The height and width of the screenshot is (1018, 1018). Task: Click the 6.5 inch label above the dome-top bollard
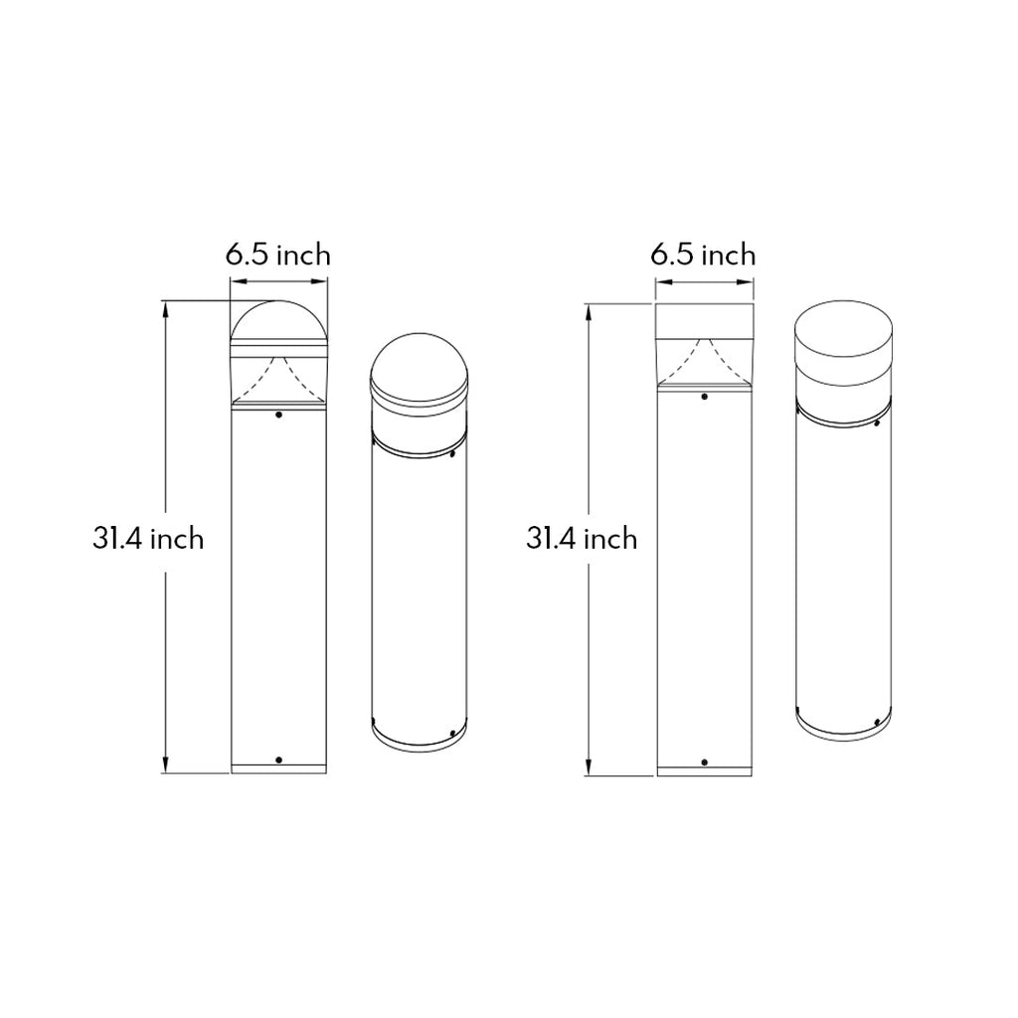click(278, 254)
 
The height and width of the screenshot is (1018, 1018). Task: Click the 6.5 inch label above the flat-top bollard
click(703, 254)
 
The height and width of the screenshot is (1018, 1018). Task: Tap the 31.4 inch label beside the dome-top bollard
click(148, 539)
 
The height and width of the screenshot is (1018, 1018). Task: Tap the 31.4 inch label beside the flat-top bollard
click(582, 539)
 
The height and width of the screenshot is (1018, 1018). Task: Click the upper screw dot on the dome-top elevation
click(279, 415)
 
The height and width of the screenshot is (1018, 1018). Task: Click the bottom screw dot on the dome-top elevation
click(279, 760)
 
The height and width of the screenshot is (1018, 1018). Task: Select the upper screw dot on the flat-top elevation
click(705, 396)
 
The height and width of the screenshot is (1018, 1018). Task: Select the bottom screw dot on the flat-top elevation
click(705, 762)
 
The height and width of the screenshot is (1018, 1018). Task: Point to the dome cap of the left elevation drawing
click(279, 320)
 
